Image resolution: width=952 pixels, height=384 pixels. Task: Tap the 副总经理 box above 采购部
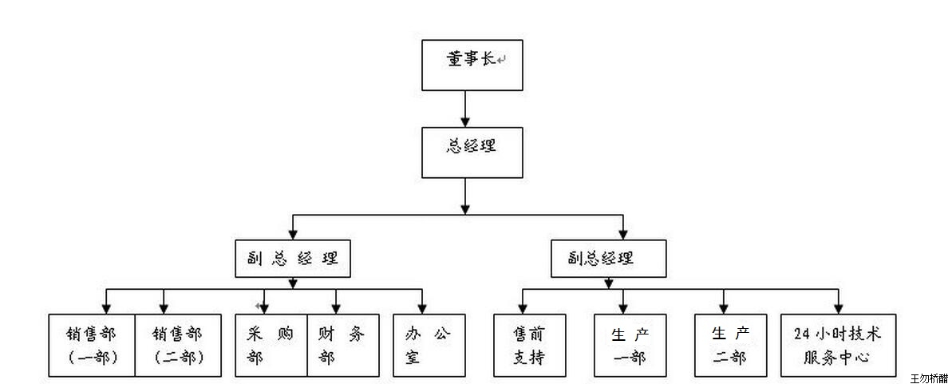pos(293,258)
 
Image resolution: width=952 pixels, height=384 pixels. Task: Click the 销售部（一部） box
pos(92,344)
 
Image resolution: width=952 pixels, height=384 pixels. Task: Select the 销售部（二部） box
pos(177,344)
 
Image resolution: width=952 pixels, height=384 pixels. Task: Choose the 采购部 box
pos(271,344)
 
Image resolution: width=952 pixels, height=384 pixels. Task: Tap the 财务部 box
pos(342,344)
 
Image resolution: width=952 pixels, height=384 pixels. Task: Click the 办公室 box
pos(429,344)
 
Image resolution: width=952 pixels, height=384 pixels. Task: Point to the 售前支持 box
pos(530,344)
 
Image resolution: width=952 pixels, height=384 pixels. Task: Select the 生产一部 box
pos(630,344)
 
